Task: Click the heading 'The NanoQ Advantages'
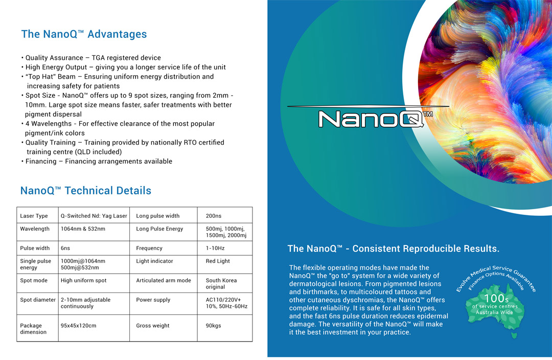pos(84,34)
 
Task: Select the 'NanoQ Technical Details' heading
pos(86,191)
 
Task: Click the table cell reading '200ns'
pos(214,216)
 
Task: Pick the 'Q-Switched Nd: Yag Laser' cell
pos(94,216)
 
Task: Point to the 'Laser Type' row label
pos(34,216)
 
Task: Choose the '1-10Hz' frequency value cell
pos(215,248)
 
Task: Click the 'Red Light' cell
pos(218,261)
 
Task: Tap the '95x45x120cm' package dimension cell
pos(78,325)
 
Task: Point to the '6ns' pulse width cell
pos(65,248)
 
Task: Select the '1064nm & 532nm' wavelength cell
pos(83,229)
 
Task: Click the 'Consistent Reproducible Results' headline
pos(393,249)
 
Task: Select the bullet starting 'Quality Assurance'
pos(93,58)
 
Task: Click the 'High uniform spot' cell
pos(84,280)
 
